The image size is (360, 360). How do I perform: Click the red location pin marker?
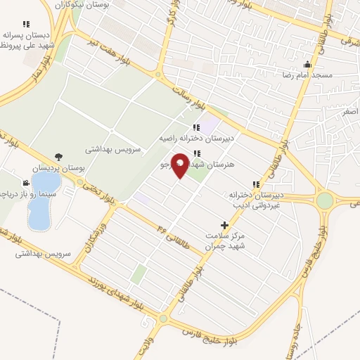click(180, 165)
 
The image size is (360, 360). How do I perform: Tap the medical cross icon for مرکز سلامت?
click(224, 226)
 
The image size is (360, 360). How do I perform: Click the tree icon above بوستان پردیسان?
click(57, 157)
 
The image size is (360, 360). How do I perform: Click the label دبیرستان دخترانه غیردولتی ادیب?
click(256, 199)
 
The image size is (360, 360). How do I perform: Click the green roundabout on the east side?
click(325, 200)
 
